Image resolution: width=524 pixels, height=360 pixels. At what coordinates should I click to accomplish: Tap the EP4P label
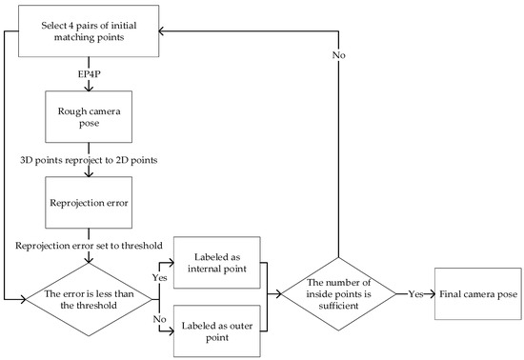point(88,72)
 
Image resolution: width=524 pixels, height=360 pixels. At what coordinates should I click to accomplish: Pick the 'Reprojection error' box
point(88,202)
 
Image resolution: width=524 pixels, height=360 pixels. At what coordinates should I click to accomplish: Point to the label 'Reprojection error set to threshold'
point(88,245)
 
